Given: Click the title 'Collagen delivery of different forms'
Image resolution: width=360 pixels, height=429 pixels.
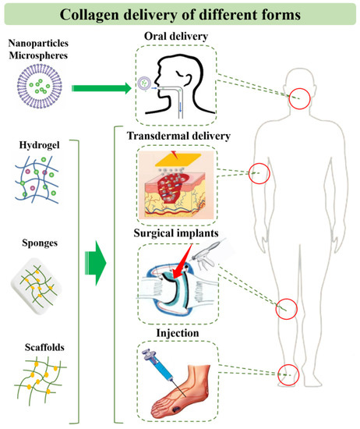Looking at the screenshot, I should pyautogui.click(x=180, y=14).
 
